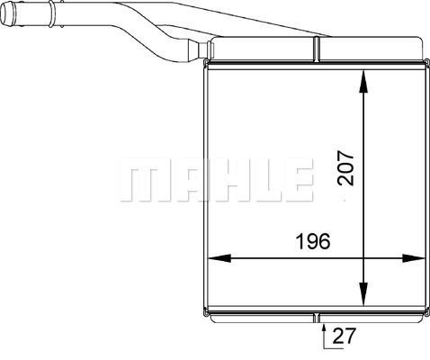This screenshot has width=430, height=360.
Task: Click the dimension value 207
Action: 345,167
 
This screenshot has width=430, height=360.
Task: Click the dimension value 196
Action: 313,241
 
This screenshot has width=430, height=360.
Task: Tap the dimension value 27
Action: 344,336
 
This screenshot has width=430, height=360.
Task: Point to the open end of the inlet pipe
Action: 7,13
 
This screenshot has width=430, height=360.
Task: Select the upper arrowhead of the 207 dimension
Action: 363,82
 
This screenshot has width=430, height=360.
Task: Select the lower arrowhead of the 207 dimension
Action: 363,293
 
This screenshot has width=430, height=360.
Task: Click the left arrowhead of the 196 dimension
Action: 219,258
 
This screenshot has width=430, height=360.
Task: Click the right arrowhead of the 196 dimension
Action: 414,258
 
